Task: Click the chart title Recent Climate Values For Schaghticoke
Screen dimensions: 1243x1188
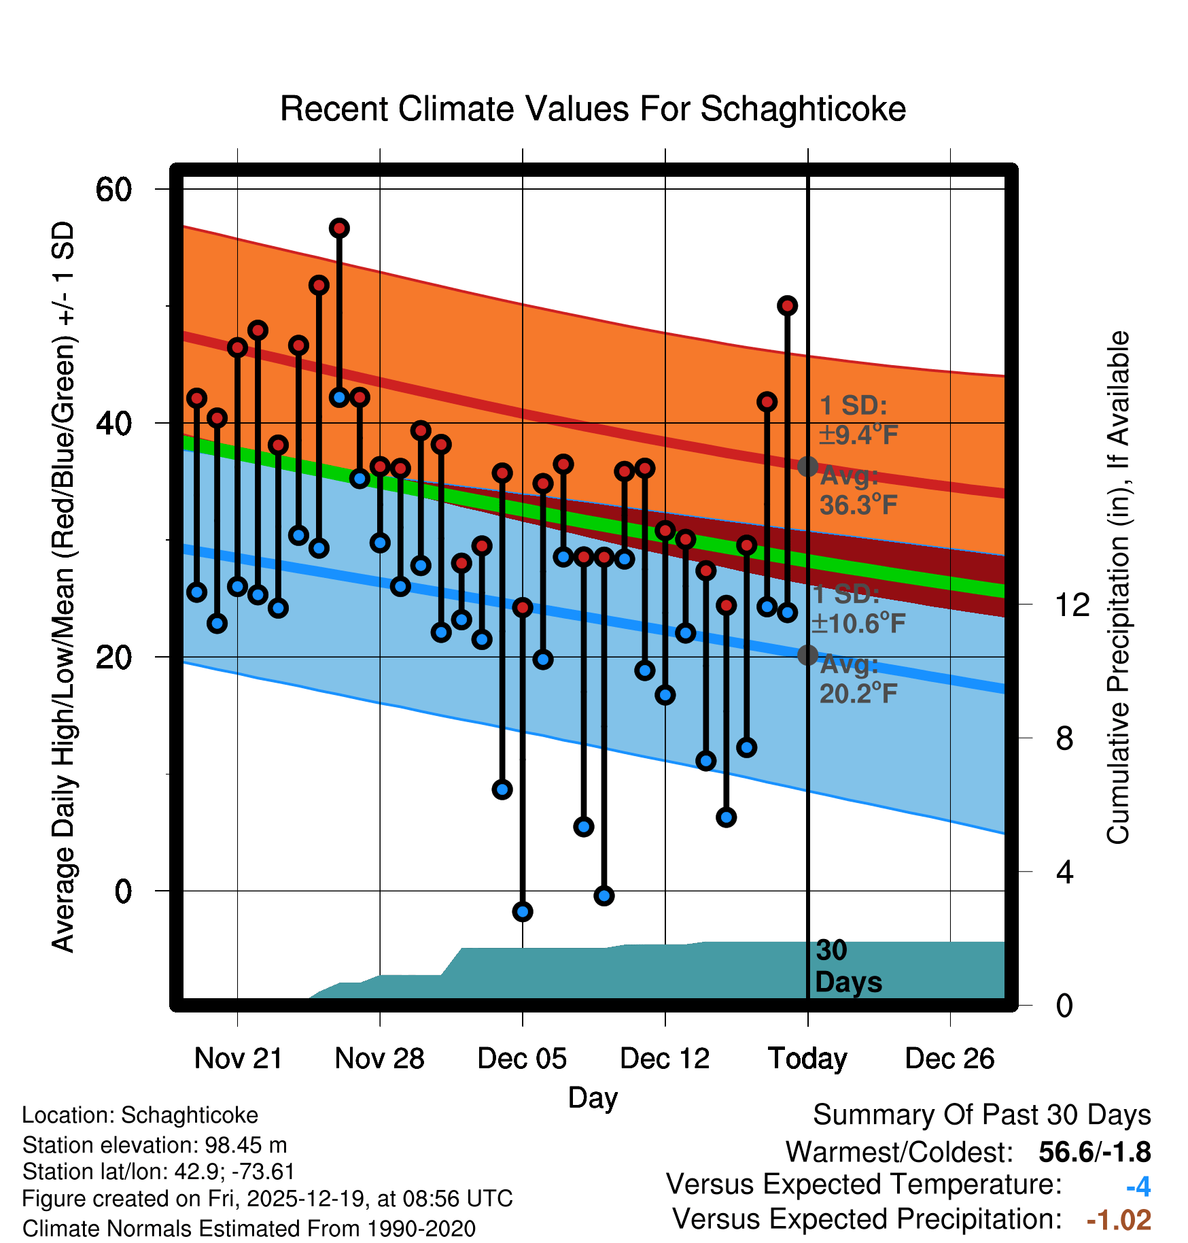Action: (x=593, y=109)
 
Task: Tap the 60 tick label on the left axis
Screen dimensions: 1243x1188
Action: (x=113, y=189)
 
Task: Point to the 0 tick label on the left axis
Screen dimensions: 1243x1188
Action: (x=123, y=891)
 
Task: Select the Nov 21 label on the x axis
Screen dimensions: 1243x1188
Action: (x=238, y=1059)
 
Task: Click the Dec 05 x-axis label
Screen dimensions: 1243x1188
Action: (x=522, y=1059)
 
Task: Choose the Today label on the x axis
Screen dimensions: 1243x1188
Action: (x=807, y=1059)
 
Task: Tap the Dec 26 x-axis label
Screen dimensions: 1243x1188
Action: (x=949, y=1059)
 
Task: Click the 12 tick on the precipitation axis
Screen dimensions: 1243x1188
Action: (x=1072, y=605)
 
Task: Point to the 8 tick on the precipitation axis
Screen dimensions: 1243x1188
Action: (x=1064, y=738)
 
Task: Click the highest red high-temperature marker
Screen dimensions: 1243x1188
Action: (x=339, y=228)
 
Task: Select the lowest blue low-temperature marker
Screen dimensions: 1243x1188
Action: (x=523, y=912)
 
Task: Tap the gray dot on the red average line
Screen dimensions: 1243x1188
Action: (x=807, y=466)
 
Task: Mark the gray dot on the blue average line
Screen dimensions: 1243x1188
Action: (x=807, y=655)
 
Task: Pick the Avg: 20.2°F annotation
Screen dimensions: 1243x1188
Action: (x=858, y=679)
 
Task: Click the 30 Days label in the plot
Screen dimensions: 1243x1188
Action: (x=848, y=966)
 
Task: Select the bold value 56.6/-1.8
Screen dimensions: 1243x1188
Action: (x=1094, y=1152)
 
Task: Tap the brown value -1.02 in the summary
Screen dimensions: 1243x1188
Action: (x=1119, y=1220)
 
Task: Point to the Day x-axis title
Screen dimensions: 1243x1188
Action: (x=593, y=1097)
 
